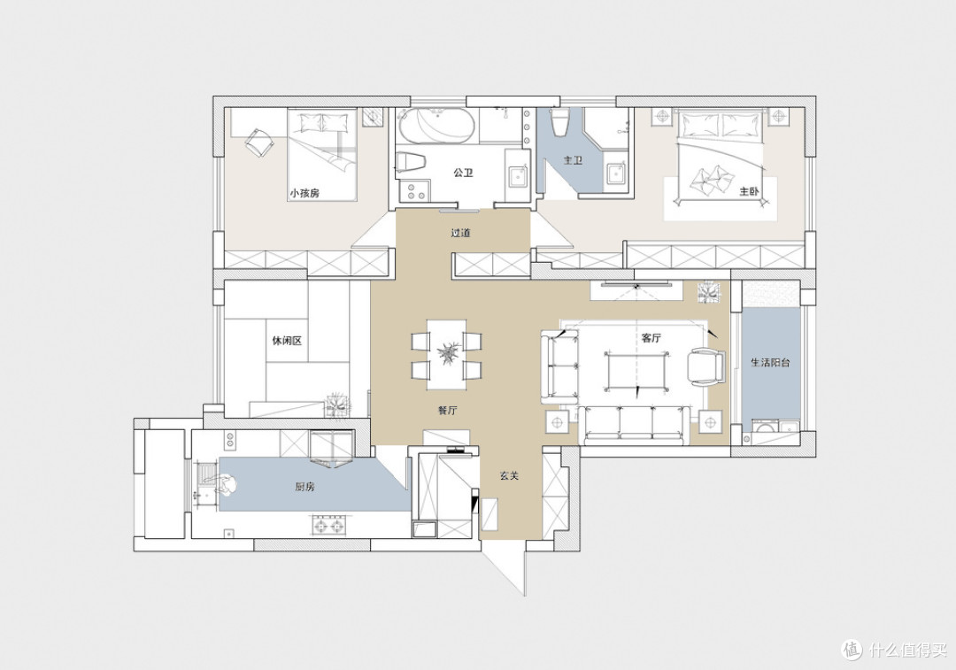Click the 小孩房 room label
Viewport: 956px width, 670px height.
tap(305, 193)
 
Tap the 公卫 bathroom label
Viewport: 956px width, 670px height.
tap(463, 173)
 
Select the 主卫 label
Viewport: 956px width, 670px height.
tap(573, 160)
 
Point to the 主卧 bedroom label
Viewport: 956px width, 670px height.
tap(750, 191)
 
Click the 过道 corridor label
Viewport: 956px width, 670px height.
tap(460, 233)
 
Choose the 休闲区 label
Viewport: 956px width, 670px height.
tap(287, 341)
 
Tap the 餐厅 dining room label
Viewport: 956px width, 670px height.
tap(448, 411)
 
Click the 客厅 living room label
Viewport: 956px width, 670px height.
tap(651, 338)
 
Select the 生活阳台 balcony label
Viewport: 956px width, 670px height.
tap(770, 363)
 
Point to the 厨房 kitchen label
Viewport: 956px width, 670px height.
tap(305, 487)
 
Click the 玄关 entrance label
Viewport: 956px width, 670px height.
tap(509, 475)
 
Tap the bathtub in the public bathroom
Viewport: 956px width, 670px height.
tap(436, 127)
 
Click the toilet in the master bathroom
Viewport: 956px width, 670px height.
tap(559, 122)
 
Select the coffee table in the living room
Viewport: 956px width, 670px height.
tap(636, 370)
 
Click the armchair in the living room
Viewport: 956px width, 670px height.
tap(705, 367)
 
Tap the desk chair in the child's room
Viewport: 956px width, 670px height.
tap(259, 142)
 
